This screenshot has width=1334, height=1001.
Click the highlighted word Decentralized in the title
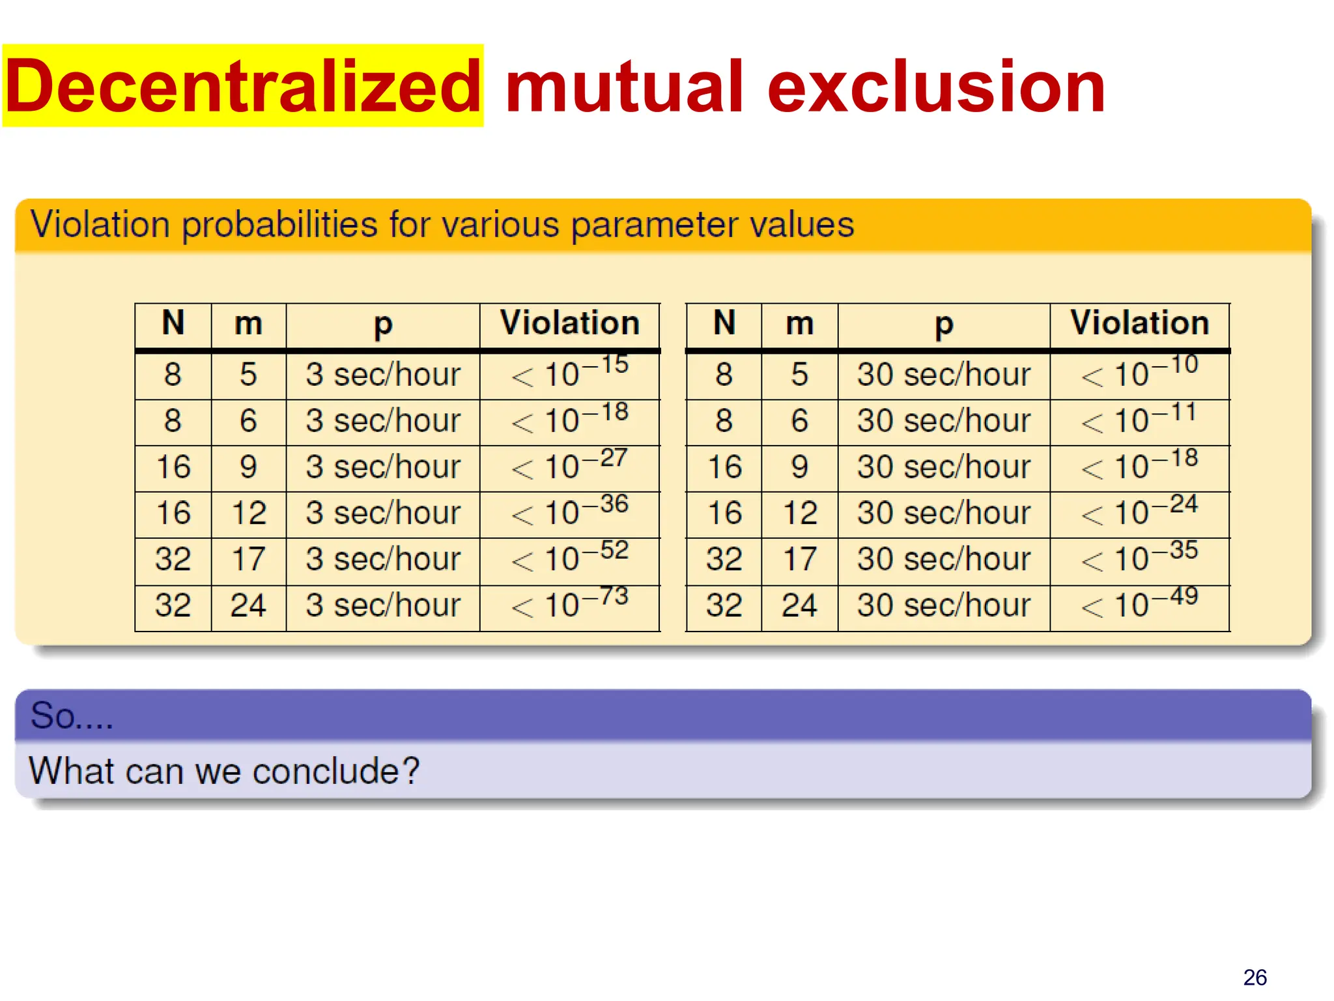click(x=242, y=86)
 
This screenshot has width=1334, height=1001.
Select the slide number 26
click(x=1255, y=977)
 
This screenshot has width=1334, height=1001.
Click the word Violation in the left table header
click(x=570, y=323)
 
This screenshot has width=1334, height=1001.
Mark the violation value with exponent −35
click(x=1140, y=559)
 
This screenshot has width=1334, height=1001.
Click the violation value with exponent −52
click(x=570, y=559)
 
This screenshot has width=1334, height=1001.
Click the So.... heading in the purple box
click(x=72, y=716)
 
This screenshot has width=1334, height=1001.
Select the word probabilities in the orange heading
click(x=280, y=225)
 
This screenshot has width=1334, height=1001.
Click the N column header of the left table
click(x=173, y=323)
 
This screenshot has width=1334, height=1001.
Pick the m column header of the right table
click(x=800, y=323)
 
